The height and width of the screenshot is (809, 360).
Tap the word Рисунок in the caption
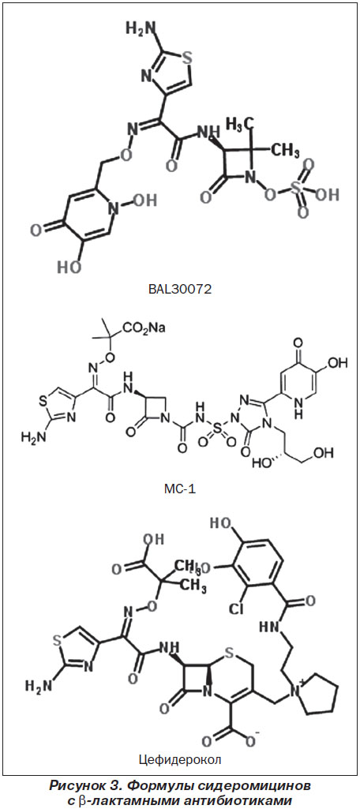73,787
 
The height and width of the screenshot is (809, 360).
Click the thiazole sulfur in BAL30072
188,57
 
